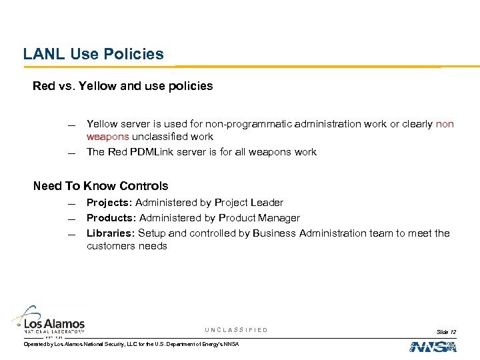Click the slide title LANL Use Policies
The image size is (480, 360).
coord(93,54)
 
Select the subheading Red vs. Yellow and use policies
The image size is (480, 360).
coord(123,86)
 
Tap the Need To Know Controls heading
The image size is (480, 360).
coord(101,186)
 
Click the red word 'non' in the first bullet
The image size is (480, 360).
coord(445,124)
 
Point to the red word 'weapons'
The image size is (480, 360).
coord(107,137)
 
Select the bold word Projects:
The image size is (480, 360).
coord(110,203)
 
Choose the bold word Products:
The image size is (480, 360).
coord(111,218)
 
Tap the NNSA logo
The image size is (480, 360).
coord(433,346)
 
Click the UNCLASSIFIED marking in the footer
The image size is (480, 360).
coord(237,330)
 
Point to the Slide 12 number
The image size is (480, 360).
coord(446,331)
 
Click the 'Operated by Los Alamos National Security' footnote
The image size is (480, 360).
coord(131,344)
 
